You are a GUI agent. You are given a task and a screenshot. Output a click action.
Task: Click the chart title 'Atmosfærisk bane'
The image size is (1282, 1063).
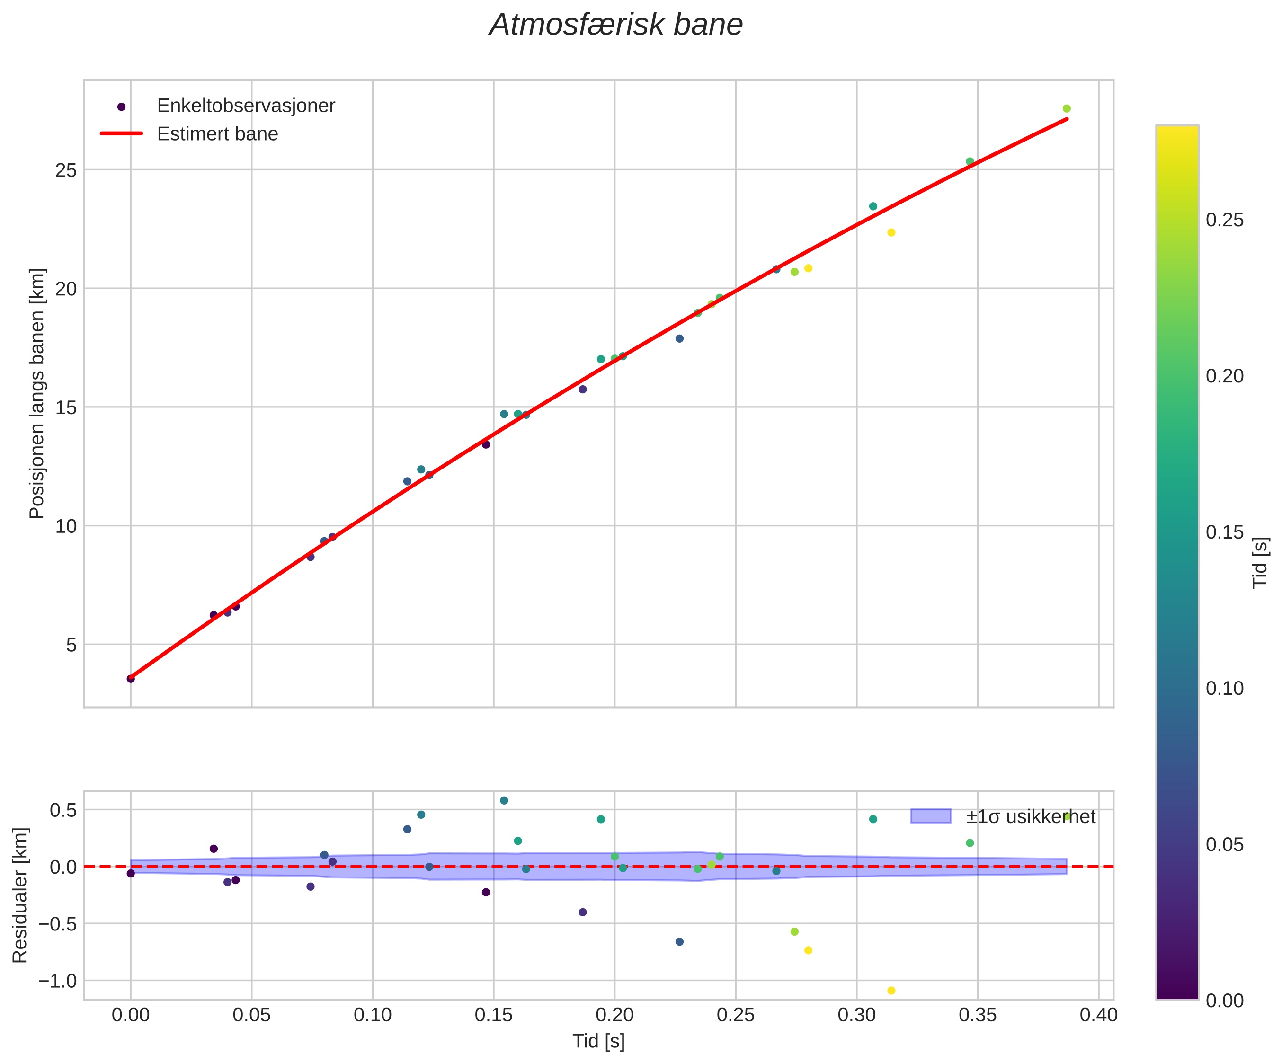click(616, 26)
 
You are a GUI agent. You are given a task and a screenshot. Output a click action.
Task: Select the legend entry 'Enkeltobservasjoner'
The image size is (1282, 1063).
click(246, 106)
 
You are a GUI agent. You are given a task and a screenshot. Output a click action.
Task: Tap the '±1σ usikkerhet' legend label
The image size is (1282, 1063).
click(1031, 817)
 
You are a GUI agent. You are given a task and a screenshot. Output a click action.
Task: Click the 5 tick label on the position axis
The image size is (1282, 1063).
click(72, 645)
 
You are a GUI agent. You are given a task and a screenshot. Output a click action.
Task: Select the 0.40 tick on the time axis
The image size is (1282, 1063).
click(1098, 1015)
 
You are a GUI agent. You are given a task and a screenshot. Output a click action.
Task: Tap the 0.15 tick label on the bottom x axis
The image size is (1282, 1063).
click(493, 1015)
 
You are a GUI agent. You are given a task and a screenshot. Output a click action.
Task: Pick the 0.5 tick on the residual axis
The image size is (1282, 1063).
click(63, 810)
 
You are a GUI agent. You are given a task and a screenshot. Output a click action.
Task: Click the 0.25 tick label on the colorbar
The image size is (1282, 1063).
click(1225, 220)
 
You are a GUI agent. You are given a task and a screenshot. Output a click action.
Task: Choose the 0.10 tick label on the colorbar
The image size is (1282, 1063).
click(1225, 688)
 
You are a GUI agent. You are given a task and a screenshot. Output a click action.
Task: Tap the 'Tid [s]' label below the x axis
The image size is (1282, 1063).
click(598, 1042)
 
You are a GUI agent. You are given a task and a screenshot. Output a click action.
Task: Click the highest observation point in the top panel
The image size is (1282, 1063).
click(1067, 108)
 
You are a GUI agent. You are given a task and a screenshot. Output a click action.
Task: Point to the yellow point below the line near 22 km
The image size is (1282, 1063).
click(891, 232)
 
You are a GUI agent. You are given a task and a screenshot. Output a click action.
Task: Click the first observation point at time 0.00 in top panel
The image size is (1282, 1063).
click(131, 679)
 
